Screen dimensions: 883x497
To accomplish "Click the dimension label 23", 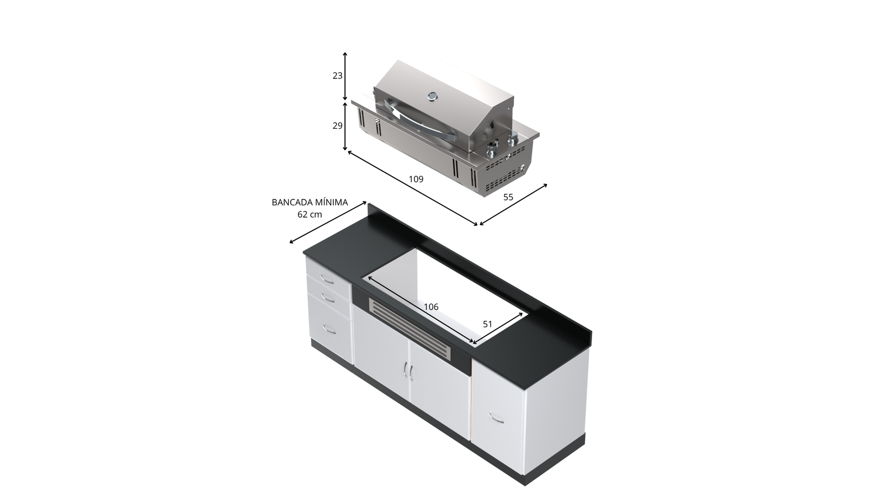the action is point(337,76).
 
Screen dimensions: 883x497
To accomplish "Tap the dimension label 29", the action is point(337,126).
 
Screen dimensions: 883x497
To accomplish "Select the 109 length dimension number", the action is point(416,179).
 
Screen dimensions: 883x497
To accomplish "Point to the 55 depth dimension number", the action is point(508,197).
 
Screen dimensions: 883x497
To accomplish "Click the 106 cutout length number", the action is point(431,307).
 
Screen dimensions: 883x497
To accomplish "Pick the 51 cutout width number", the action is point(488,324).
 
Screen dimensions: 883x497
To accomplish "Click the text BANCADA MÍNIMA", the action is point(310,202).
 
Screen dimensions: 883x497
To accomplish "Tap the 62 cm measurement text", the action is point(310,215).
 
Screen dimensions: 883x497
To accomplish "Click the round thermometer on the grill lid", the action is point(433,96).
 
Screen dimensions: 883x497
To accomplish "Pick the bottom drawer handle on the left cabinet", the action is point(329,329).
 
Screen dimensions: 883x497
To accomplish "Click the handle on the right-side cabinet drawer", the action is point(496,417).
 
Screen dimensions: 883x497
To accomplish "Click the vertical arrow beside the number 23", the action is point(345,76).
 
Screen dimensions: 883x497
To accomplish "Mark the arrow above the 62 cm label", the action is point(328,223).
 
